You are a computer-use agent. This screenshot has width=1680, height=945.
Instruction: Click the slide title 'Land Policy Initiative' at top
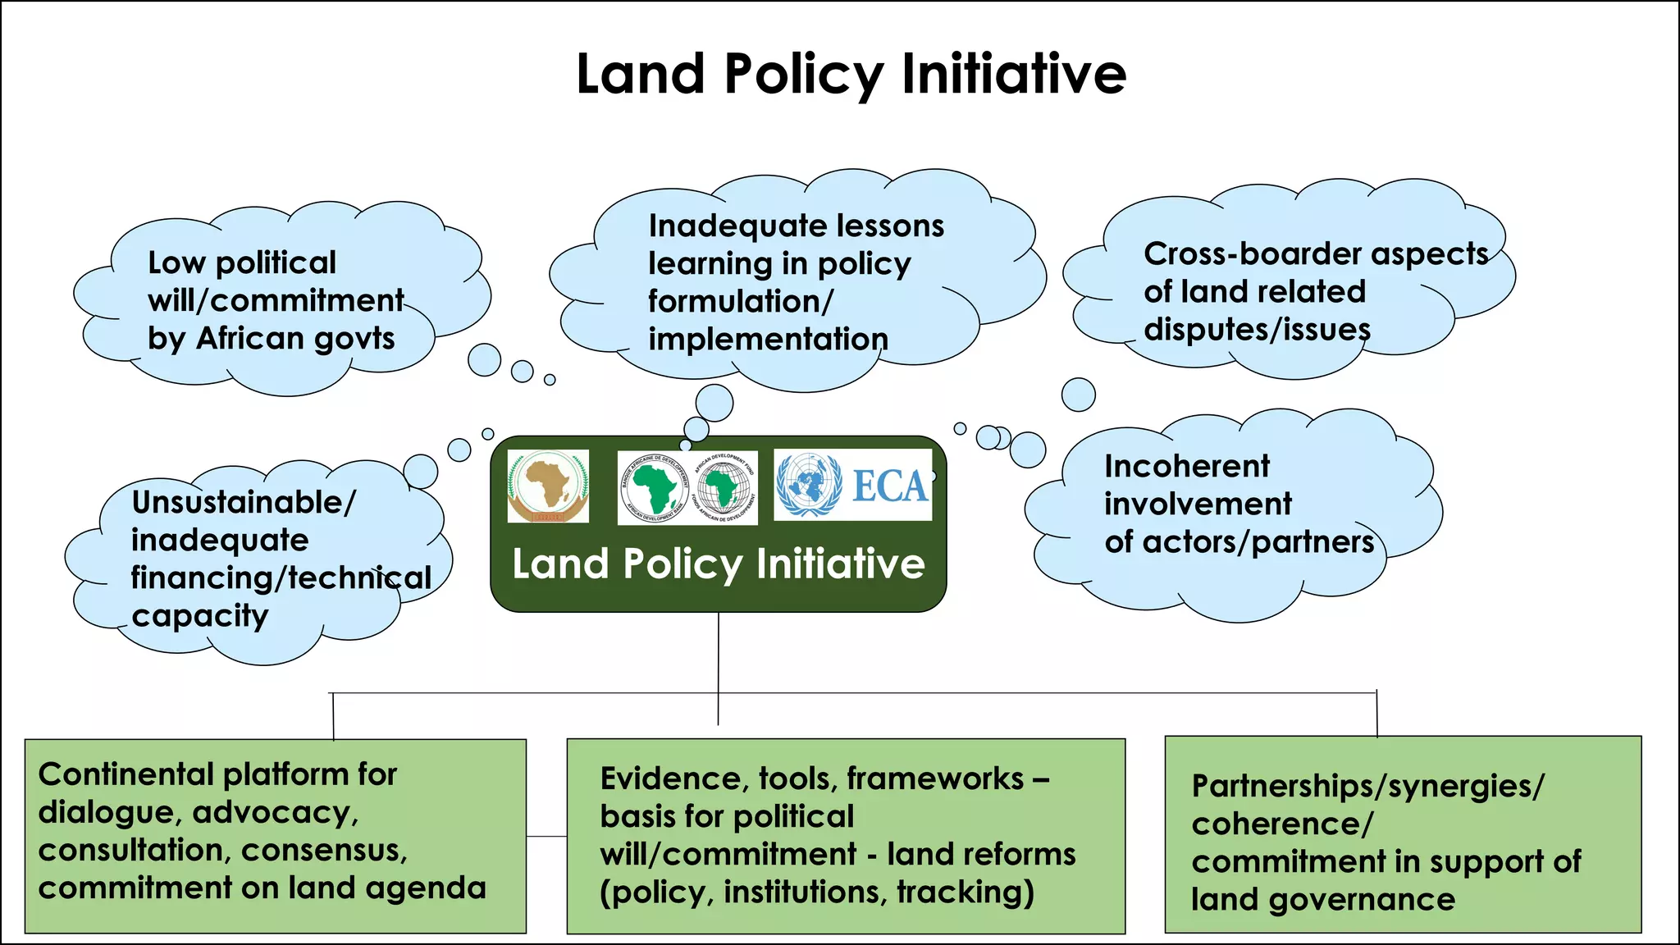851,74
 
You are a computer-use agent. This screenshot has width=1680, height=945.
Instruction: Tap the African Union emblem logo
548,486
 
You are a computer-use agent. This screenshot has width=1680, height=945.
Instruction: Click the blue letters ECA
889,486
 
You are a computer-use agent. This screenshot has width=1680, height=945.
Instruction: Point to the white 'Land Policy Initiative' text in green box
719,564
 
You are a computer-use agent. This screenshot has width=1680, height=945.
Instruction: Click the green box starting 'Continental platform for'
275,835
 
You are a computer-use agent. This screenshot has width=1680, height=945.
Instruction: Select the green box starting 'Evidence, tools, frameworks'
845,835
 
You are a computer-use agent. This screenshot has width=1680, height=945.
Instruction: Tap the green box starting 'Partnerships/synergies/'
1403,835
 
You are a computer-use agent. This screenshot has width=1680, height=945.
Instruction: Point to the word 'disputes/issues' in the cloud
1257,330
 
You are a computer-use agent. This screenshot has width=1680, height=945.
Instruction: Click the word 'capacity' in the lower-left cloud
200,616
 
